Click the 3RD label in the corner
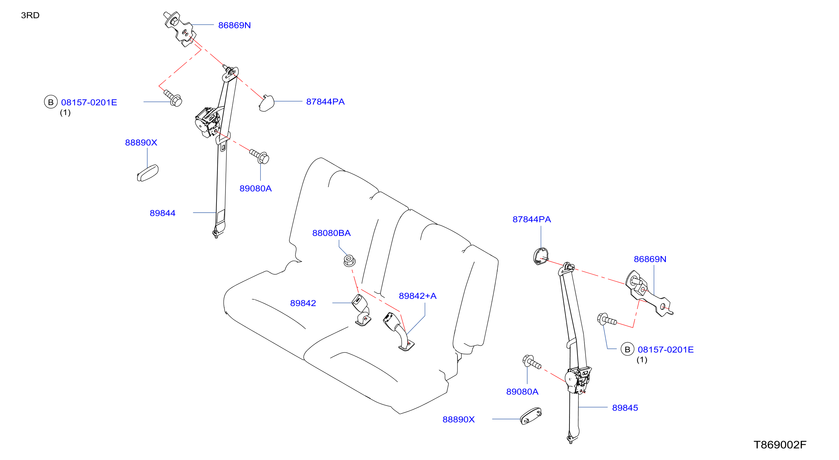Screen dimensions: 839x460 (x=30, y=15)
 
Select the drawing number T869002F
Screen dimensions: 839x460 (x=780, y=445)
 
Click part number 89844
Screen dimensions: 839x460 (x=163, y=213)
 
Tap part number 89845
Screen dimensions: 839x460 (x=625, y=408)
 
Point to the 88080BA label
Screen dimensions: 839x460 (x=331, y=233)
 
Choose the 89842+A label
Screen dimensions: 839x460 (x=417, y=296)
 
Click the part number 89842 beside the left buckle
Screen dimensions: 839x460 (x=303, y=303)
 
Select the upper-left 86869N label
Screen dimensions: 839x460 (x=234, y=25)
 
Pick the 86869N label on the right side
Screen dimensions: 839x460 (x=650, y=259)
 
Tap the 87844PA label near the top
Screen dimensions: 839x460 (x=325, y=102)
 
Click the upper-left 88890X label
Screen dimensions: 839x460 (x=141, y=143)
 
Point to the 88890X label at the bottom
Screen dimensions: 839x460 (x=459, y=419)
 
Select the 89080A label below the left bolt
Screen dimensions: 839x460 (x=255, y=188)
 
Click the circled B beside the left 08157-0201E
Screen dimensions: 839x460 (x=51, y=102)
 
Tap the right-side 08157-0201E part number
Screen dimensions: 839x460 (x=665, y=350)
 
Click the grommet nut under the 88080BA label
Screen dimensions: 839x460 (x=349, y=261)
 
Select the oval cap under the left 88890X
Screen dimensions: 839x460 (x=148, y=173)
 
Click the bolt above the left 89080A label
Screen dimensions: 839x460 (x=259, y=156)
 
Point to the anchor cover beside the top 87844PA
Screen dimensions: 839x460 (x=266, y=103)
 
